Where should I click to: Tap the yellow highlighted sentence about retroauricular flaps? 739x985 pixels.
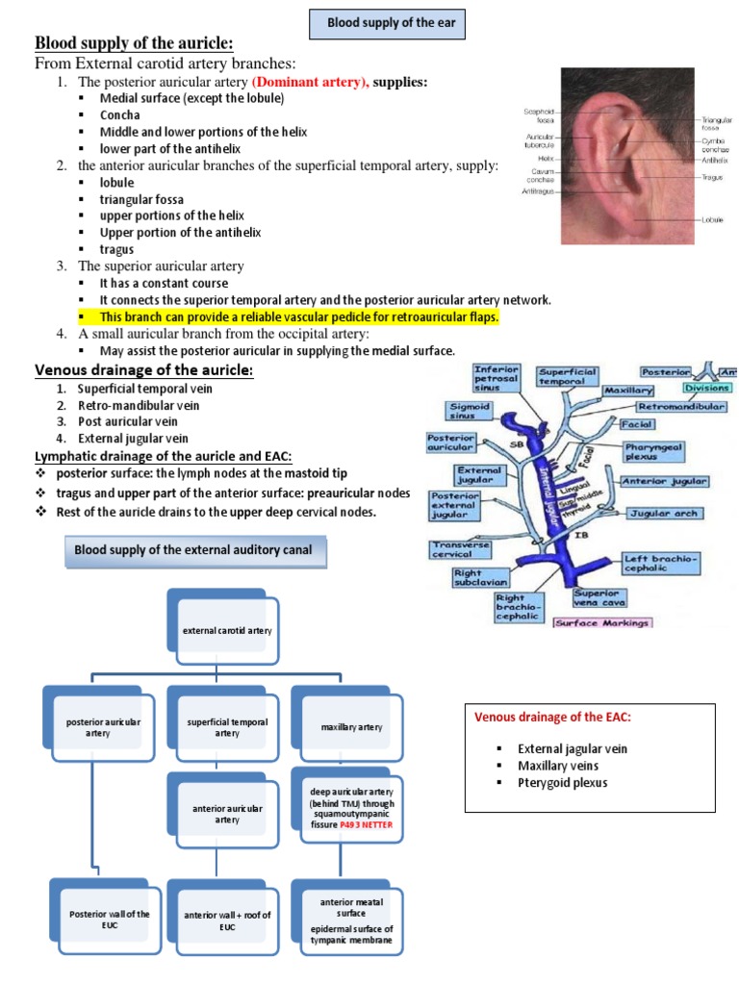(299, 316)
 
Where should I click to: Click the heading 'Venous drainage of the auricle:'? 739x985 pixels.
(144, 370)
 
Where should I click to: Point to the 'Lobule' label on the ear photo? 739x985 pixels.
(714, 220)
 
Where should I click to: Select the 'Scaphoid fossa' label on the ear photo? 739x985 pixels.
(539, 116)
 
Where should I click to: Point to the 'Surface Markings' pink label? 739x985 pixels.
(601, 622)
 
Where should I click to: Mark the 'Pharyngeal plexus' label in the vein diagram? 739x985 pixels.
(654, 451)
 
